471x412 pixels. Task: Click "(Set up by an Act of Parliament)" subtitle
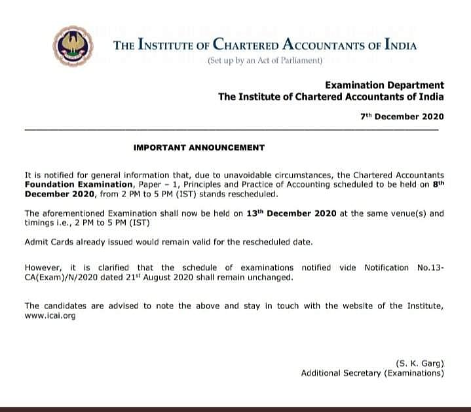[x=265, y=61]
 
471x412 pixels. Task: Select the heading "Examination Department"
[x=385, y=85]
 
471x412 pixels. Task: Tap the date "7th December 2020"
[x=402, y=117]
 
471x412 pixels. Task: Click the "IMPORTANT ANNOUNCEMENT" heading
[x=199, y=147]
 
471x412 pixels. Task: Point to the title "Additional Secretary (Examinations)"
[x=372, y=373]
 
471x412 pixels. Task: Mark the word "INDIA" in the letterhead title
[x=396, y=46]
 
